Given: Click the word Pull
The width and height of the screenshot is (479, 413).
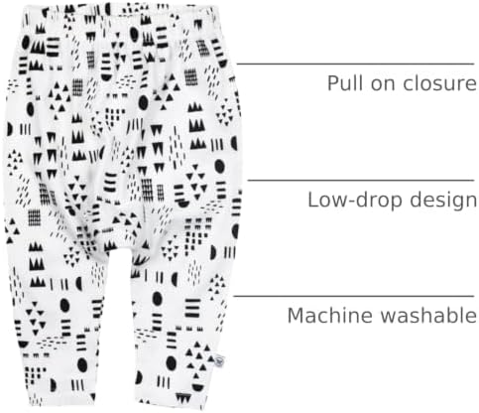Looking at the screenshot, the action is coord(345,82).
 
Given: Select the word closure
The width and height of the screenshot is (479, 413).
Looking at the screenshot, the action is coord(439,83).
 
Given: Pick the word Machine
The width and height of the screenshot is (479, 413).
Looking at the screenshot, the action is coord(330,315).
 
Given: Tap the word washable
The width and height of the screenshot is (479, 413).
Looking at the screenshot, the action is coord(428,315).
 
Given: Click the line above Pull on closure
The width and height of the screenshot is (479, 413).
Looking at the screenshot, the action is coord(355,64).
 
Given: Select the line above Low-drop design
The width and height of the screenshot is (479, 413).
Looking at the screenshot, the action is coord(361,181).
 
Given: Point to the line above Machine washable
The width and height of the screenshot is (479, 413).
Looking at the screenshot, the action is coord(354,296).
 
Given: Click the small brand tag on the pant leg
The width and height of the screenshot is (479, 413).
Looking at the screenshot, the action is coord(219,359).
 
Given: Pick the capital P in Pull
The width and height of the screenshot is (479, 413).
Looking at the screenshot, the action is coord(332,83).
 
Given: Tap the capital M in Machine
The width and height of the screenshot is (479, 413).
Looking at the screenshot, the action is coord(296,316).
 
